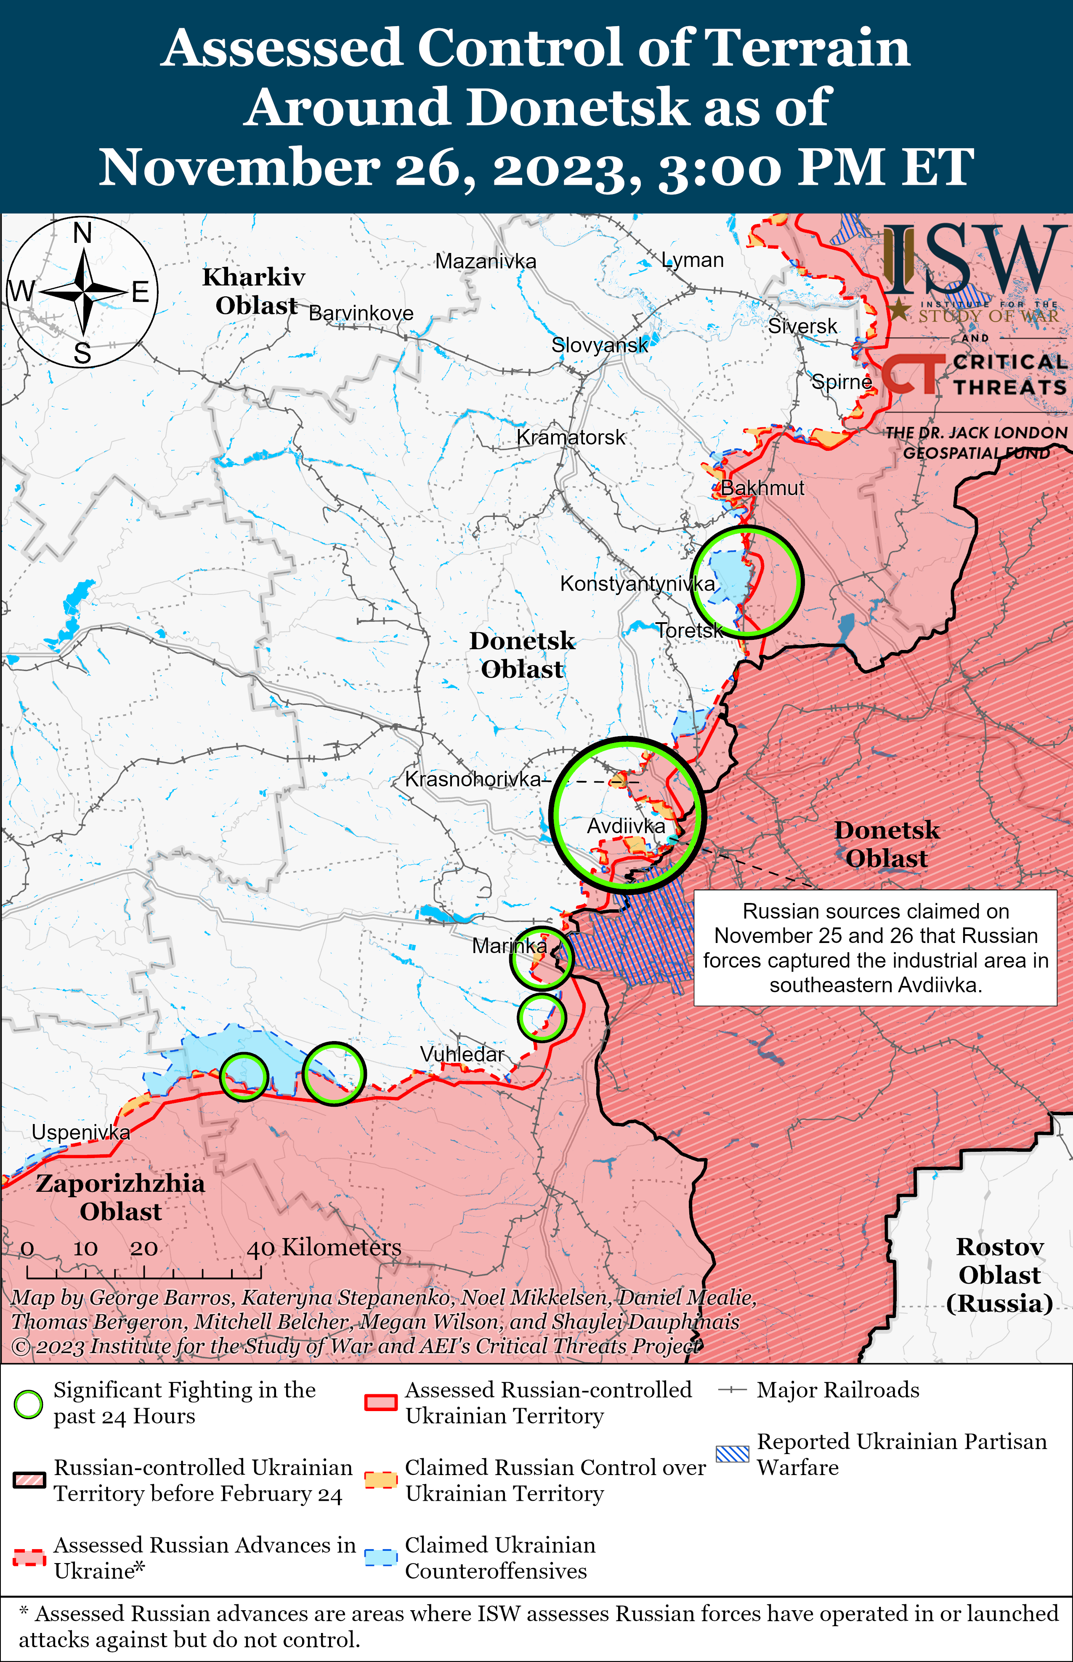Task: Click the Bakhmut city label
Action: tap(762, 488)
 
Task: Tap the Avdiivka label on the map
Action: tap(626, 826)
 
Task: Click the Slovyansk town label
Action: tap(599, 344)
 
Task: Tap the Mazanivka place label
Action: tap(486, 261)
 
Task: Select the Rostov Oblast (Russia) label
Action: tap(999, 1275)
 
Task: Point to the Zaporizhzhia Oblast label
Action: tap(120, 1197)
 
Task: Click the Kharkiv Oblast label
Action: tap(254, 291)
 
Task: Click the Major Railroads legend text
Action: tap(837, 1390)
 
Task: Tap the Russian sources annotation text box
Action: tap(875, 947)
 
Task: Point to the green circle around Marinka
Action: tap(542, 958)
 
